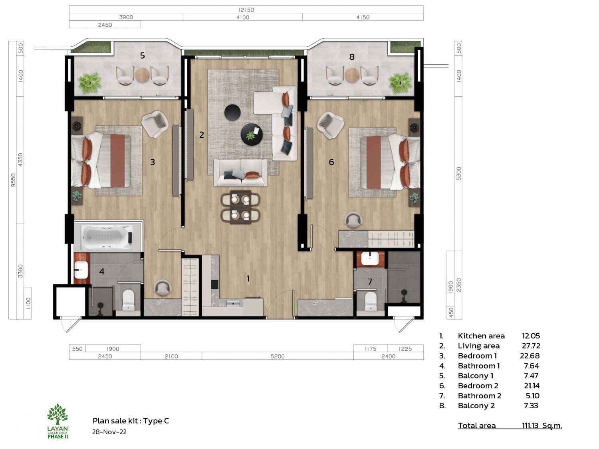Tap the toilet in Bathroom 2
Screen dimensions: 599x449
pos(371,301)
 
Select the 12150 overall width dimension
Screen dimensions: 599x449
pos(246,10)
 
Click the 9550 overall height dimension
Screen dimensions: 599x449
pos(13,180)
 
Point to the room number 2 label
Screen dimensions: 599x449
pos(201,135)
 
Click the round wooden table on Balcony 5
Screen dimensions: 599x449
pos(142,75)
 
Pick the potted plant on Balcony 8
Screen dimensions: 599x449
pos(401,83)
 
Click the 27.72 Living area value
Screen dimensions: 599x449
pos(531,346)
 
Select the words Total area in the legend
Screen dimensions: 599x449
pos(476,425)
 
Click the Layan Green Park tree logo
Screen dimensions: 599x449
pos(58,414)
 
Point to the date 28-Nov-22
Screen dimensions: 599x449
pos(109,432)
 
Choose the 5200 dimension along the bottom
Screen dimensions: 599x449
pos(277,356)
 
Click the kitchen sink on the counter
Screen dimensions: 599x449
pos(233,303)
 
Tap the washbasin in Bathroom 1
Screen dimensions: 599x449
pos(81,270)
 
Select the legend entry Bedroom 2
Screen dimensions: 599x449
pos(478,386)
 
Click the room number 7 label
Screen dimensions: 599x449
pos(370,282)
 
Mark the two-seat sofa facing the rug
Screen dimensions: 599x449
pos(240,173)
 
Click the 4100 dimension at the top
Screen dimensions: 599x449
pos(243,18)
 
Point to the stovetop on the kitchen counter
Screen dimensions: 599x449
pos(214,284)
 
